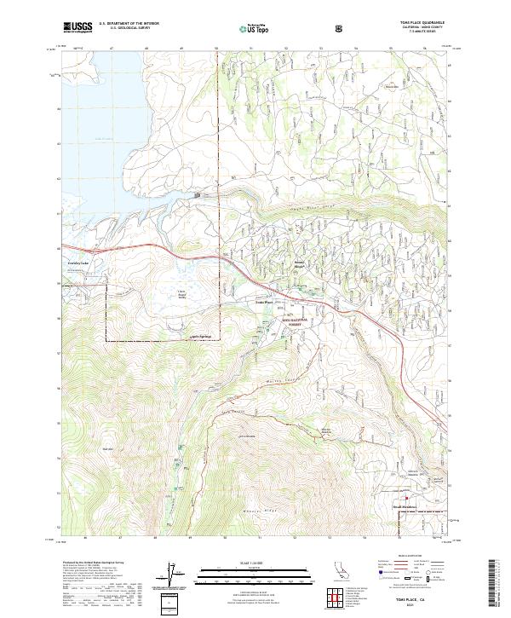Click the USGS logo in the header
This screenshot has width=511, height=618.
point(78,27)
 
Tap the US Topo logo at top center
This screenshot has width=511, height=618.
point(255,28)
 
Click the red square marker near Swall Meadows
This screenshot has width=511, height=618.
point(406,499)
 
